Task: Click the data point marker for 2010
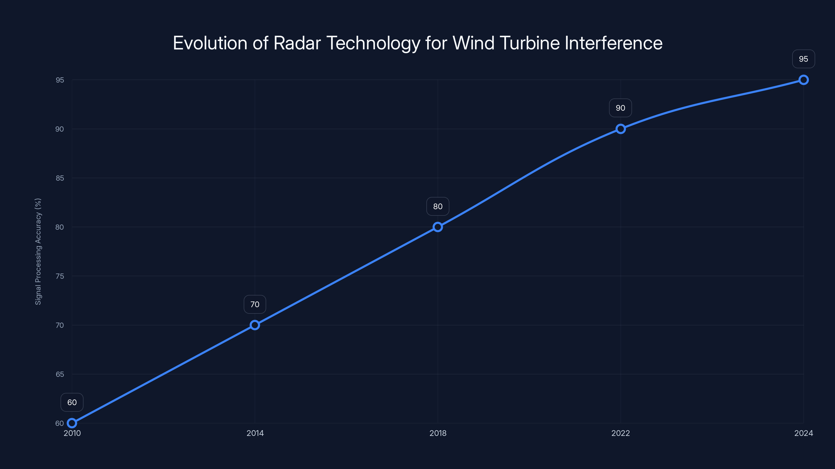(x=72, y=423)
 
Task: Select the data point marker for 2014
(x=255, y=325)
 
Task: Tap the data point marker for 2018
(x=438, y=227)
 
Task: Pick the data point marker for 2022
(x=621, y=129)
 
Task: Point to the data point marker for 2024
(x=803, y=80)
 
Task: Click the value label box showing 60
(x=72, y=402)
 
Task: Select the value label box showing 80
(x=438, y=206)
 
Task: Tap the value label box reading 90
(x=621, y=108)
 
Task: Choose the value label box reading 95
(x=803, y=59)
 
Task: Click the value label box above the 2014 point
(x=255, y=304)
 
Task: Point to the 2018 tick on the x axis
(x=438, y=433)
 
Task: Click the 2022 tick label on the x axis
(x=621, y=433)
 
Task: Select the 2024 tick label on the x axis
(x=803, y=433)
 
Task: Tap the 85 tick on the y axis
(x=60, y=178)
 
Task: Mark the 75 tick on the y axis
(x=60, y=276)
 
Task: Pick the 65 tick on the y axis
(x=60, y=374)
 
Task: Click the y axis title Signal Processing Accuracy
(x=38, y=251)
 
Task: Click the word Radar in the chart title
(x=297, y=43)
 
